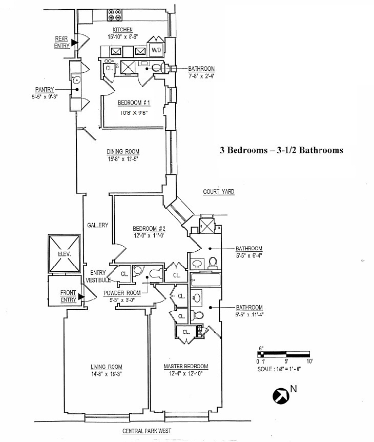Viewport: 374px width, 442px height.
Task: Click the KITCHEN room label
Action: coord(123,30)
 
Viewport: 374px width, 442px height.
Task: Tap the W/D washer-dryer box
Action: coord(156,50)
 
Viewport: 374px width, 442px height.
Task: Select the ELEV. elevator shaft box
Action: coord(64,254)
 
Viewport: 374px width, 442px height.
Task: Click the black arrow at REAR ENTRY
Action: coord(75,42)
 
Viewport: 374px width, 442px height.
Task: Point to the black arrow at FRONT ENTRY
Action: coord(81,296)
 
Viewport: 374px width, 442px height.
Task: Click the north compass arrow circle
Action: coord(280,394)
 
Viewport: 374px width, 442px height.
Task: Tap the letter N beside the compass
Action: coord(294,389)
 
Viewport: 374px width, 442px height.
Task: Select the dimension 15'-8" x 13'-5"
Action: coord(123,159)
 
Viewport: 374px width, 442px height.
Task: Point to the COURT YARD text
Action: coord(219,192)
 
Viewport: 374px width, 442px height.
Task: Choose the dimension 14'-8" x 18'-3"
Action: coord(107,374)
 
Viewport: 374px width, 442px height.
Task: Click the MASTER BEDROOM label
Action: coord(186,367)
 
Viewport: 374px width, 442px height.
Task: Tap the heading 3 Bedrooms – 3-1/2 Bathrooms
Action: coord(281,150)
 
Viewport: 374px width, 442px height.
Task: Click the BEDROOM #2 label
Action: coord(148,229)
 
